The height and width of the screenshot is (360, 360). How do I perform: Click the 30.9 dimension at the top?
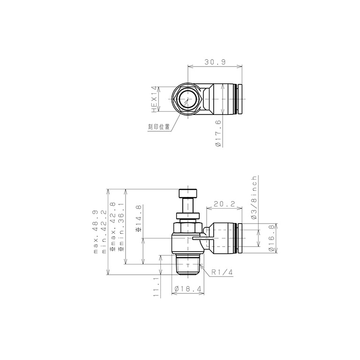click(214, 61)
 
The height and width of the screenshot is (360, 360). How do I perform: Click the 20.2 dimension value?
click(224, 204)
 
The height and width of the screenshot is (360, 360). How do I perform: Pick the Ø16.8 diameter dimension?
click(271, 239)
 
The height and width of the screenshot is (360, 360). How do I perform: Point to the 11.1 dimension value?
click(156, 286)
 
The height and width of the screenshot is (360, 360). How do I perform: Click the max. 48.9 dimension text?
click(97, 232)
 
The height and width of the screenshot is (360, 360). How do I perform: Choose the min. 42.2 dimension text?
click(104, 232)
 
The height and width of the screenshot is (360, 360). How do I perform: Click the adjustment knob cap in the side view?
click(188, 193)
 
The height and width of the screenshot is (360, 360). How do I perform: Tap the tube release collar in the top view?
click(240, 100)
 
